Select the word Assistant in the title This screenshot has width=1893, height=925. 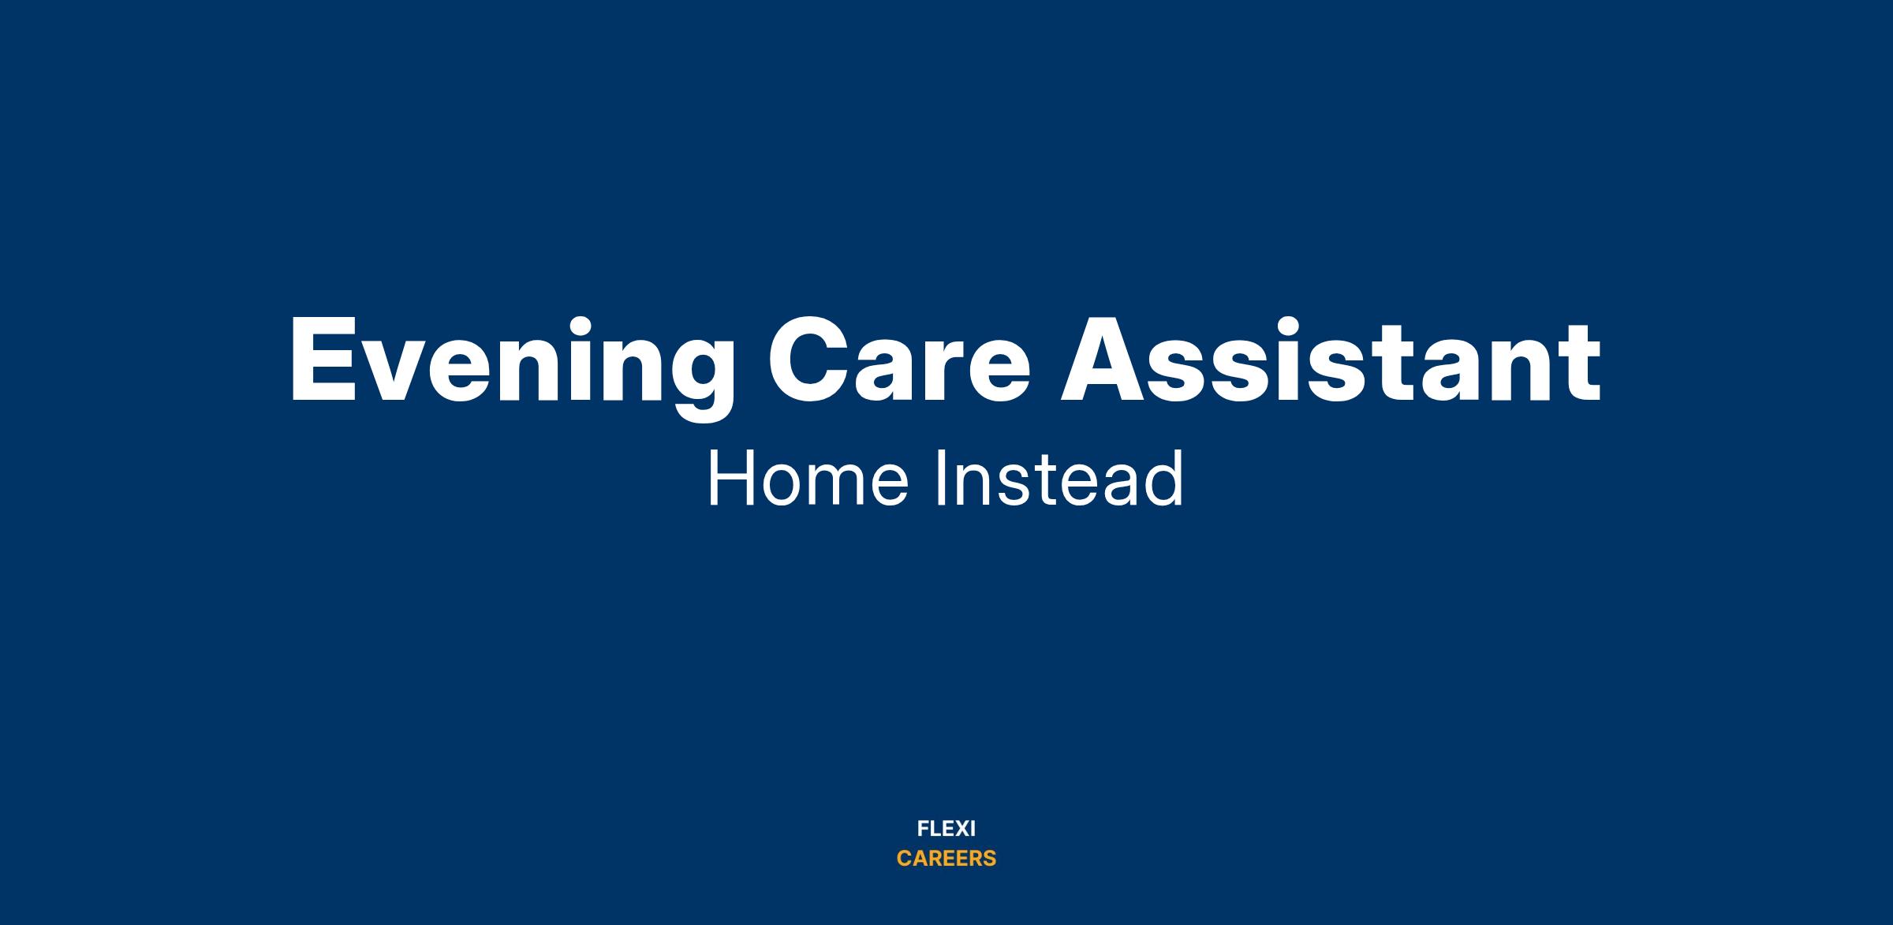[1331, 360]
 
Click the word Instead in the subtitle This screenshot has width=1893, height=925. [1059, 478]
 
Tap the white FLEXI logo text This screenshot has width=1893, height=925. [946, 829]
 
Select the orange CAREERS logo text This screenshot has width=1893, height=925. [946, 859]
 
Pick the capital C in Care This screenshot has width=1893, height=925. [810, 360]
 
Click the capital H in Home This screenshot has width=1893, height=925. [730, 479]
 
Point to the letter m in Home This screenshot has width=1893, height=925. [835, 486]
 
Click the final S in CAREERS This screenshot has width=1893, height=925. [989, 859]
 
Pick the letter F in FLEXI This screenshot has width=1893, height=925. [923, 829]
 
